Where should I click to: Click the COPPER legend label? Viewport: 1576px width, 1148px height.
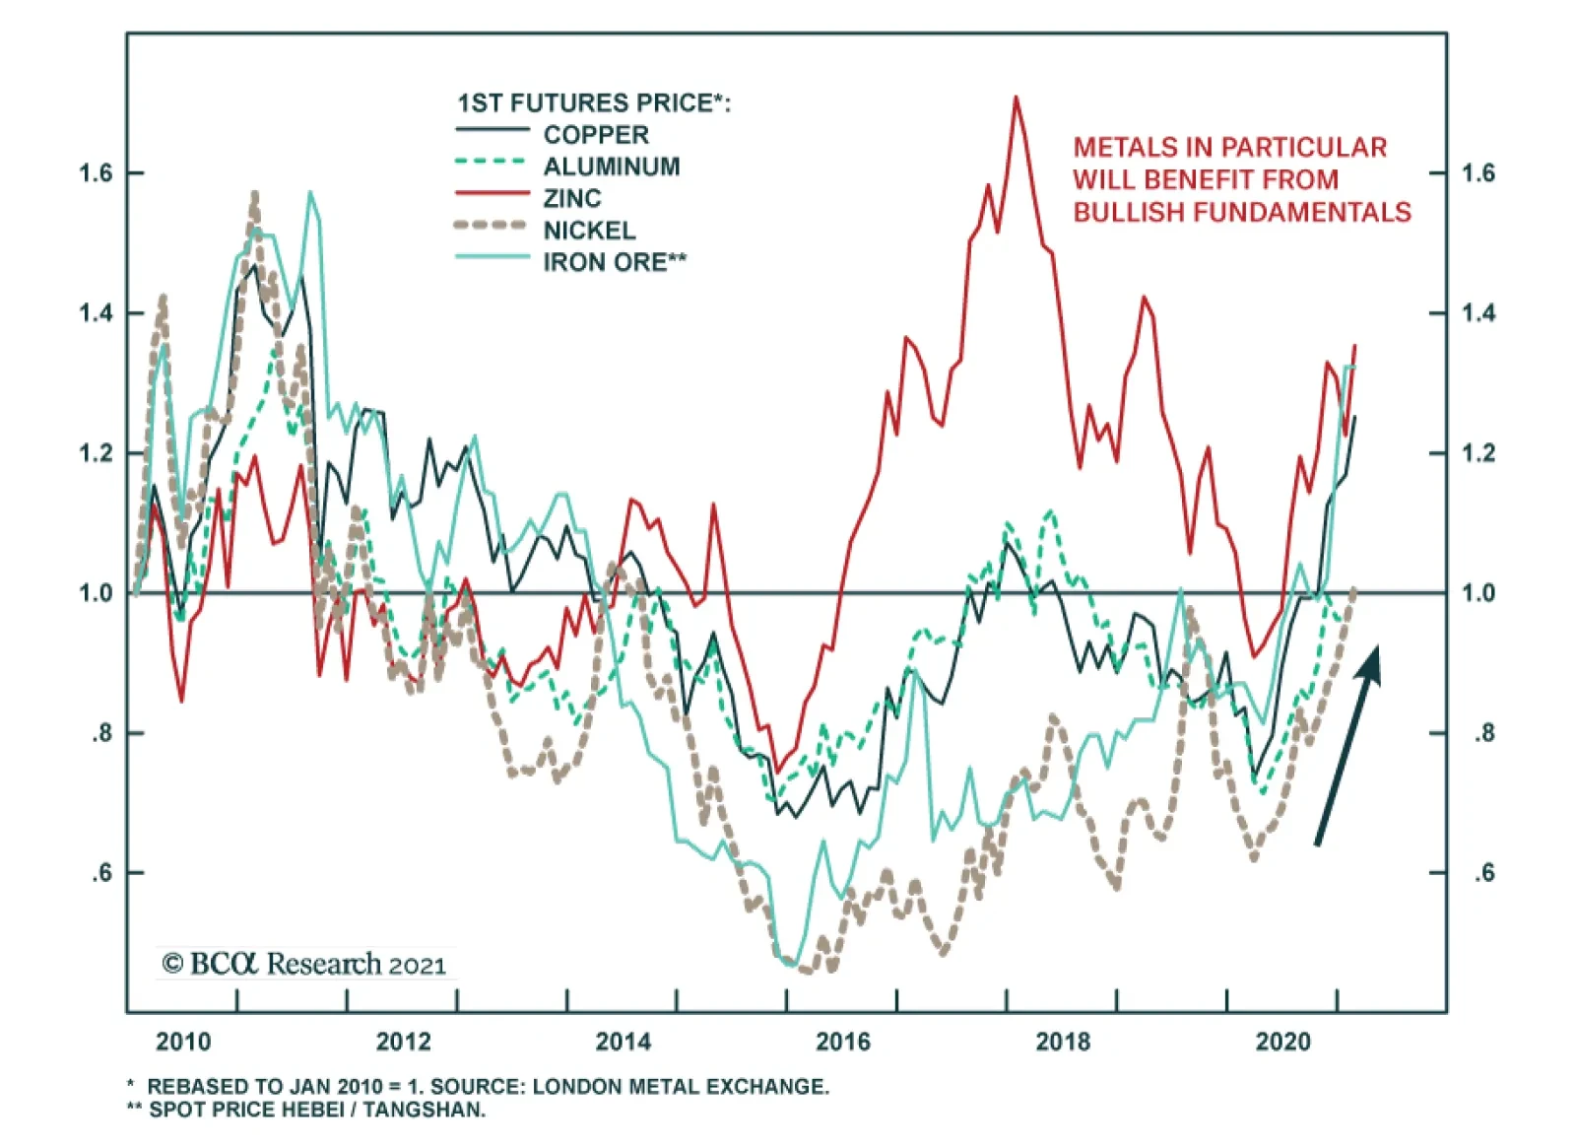click(596, 135)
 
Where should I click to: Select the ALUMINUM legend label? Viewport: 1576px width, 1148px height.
click(612, 167)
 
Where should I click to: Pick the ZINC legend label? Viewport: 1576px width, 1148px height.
click(572, 198)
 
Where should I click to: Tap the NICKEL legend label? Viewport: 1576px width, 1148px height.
click(590, 231)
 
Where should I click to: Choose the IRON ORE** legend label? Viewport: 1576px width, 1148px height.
click(615, 262)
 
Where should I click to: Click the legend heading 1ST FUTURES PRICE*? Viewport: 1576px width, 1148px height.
click(594, 103)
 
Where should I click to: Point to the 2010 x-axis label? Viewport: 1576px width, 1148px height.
click(184, 1042)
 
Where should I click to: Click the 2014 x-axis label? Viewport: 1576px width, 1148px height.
click(624, 1042)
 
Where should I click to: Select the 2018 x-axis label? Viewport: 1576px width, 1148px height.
click(1063, 1042)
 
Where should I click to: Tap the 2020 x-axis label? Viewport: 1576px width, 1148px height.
click(1282, 1042)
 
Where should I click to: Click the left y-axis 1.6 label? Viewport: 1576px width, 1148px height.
click(96, 173)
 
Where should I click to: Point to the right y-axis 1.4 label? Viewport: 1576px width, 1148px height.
click(1477, 313)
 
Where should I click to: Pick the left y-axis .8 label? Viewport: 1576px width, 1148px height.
click(102, 733)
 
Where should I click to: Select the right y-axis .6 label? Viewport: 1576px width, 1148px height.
click(1483, 873)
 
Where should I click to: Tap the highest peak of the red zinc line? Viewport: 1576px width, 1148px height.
click(1016, 98)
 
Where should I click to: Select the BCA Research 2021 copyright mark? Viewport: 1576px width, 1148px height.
click(304, 964)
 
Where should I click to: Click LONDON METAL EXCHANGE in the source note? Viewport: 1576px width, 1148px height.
click(681, 1087)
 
